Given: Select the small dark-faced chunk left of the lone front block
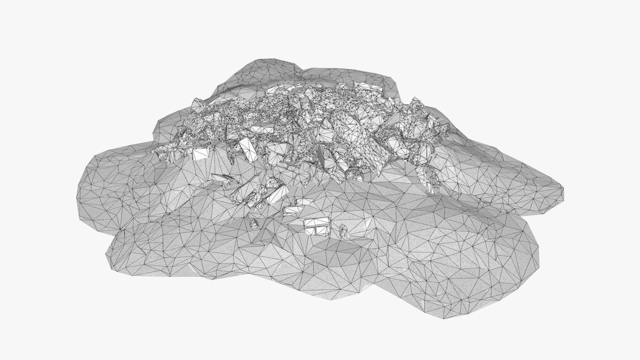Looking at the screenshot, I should click(x=255, y=223).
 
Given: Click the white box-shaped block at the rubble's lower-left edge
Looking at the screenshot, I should click(x=201, y=154).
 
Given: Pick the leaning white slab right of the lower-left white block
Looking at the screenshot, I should click(x=247, y=152).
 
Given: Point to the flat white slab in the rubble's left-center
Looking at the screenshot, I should click(x=262, y=128).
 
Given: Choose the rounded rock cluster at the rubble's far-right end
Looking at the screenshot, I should click(x=442, y=128).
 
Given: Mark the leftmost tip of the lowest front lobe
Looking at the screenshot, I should click(x=106, y=257).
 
